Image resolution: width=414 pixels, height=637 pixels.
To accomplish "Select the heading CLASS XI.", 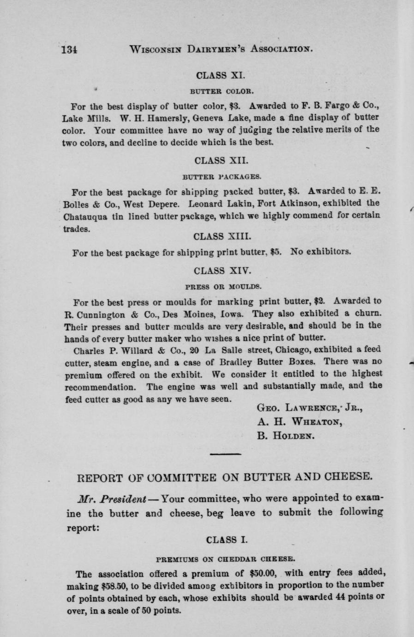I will tap(217, 75).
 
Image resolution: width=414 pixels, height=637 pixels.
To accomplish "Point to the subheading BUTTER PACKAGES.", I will tap(222, 176).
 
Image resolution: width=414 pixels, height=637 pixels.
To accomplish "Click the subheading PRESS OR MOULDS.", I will tap(223, 286).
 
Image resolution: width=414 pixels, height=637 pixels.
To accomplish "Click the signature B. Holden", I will tap(286, 435).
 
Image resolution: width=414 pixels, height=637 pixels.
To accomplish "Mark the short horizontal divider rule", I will tap(225, 454).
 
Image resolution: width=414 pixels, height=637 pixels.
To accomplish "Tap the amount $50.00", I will tap(262, 574).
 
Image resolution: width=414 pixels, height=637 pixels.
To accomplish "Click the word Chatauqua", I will tap(86, 216).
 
